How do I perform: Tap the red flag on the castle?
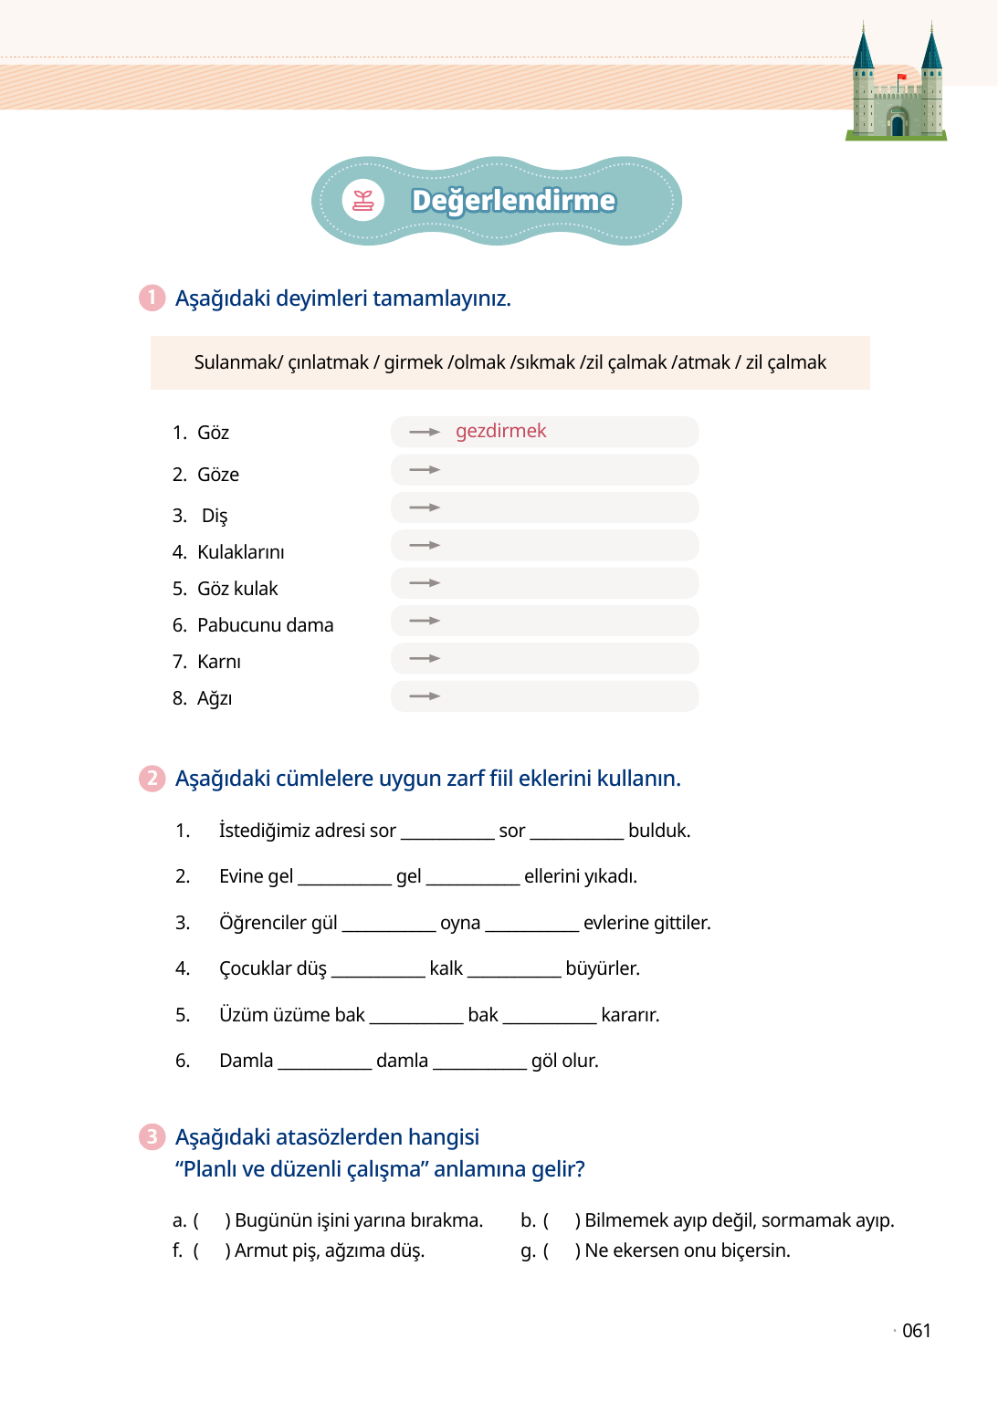[x=902, y=77]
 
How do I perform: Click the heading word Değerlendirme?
[x=513, y=201]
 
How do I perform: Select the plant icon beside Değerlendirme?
[x=363, y=201]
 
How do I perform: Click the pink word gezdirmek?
[x=500, y=431]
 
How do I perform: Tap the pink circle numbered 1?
[x=152, y=298]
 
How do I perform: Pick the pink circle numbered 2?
[x=152, y=779]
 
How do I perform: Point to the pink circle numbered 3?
[x=152, y=1137]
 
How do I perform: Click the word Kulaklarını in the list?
[x=240, y=552]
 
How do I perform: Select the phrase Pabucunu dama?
[x=265, y=625]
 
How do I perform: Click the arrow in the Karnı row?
[x=425, y=658]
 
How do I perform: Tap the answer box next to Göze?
[x=544, y=470]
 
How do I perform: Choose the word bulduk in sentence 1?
[x=659, y=831]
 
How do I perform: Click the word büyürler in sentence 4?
[x=603, y=968]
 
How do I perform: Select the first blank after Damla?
[x=324, y=1061]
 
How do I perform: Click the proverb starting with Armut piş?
[x=330, y=1250]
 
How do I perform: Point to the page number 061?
[x=916, y=1331]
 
